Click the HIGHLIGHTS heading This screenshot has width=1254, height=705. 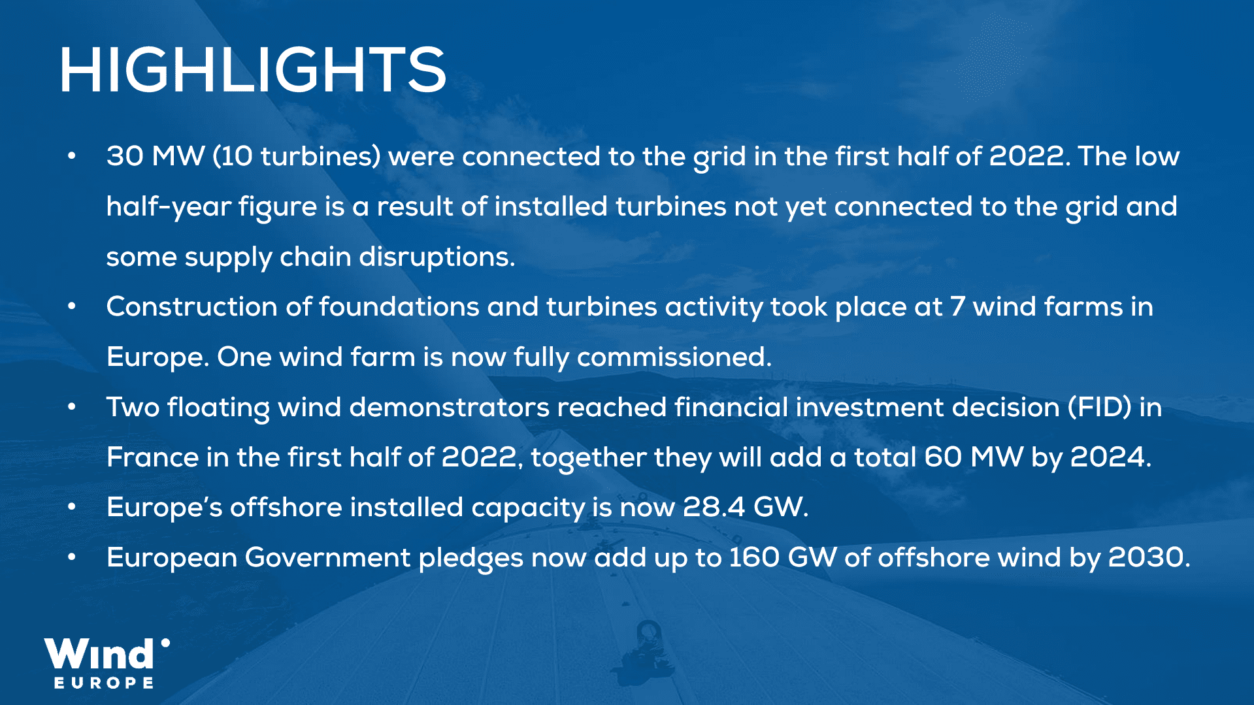252,70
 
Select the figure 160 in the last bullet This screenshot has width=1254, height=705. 754,557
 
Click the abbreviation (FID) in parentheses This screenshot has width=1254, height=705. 1100,407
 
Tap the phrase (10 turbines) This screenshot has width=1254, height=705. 296,157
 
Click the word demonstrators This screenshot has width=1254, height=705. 449,407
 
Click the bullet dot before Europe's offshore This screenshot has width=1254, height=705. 72,507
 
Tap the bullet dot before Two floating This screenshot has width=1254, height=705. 72,407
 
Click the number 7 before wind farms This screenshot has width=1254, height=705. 957,307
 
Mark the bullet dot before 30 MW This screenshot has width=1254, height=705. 72,157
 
